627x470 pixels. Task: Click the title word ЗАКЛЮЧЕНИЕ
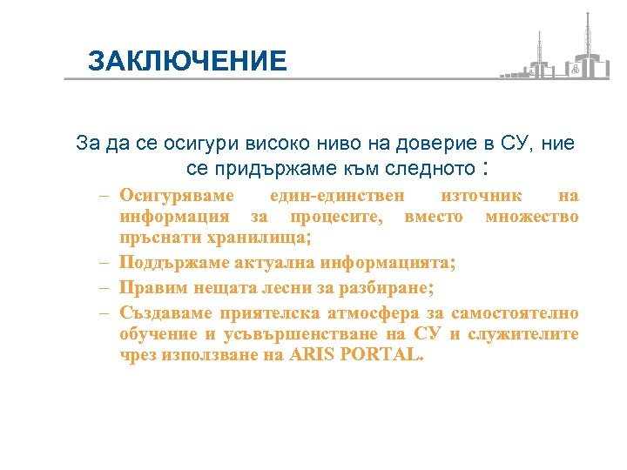(x=187, y=60)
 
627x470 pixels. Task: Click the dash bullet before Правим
(x=104, y=287)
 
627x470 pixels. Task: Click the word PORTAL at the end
(x=382, y=354)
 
